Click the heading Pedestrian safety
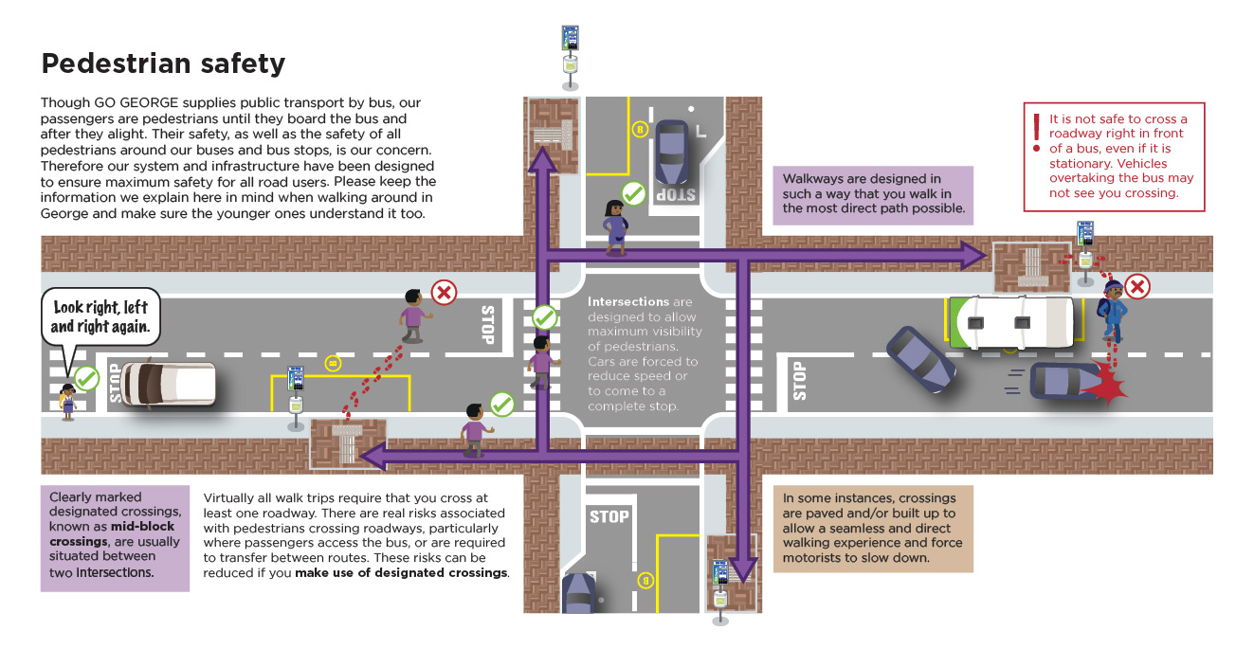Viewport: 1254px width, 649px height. tap(163, 63)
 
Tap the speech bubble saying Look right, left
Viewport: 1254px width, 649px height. tap(100, 316)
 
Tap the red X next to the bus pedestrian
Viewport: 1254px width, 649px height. tap(1137, 286)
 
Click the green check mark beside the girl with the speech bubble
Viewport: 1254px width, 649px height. tap(86, 378)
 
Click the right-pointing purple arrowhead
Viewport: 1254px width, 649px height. tap(971, 254)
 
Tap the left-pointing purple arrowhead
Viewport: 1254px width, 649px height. tap(372, 457)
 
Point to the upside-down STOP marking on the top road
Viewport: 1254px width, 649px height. tap(675, 195)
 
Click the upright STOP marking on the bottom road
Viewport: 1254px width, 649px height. tap(609, 516)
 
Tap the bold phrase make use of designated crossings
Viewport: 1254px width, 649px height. tap(401, 573)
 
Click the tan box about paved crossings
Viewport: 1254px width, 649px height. tap(872, 529)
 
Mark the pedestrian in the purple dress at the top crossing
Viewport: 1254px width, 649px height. tap(615, 227)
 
